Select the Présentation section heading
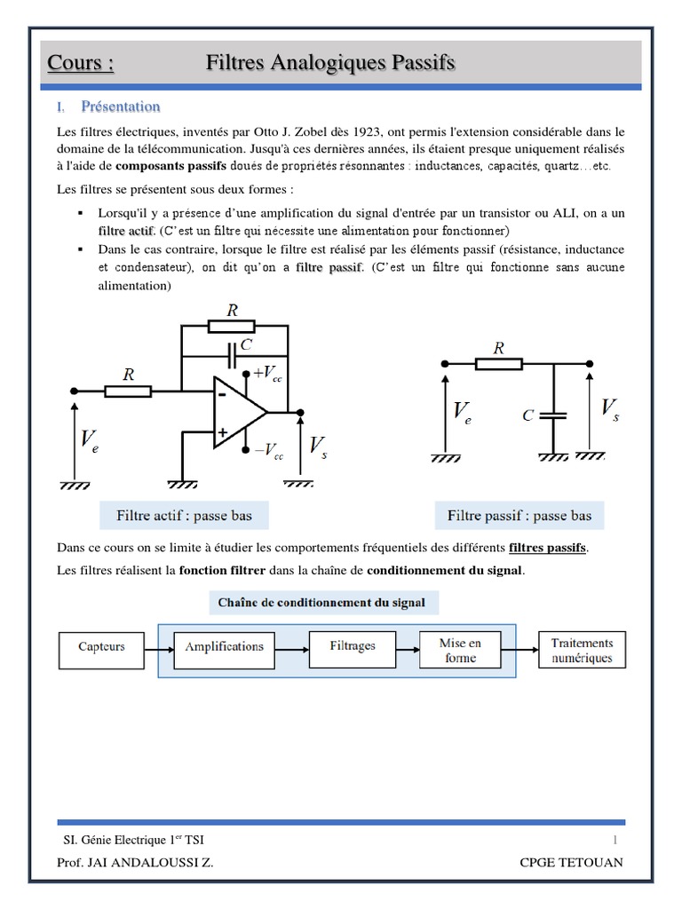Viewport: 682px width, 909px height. (x=120, y=107)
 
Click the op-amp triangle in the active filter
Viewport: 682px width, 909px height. (x=236, y=411)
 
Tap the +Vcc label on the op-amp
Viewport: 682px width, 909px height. (x=266, y=374)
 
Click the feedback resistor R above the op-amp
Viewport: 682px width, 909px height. (x=233, y=326)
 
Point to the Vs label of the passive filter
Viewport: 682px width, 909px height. (x=610, y=410)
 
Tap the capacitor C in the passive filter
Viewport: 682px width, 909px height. (x=553, y=414)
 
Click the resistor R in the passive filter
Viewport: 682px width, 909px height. (x=498, y=363)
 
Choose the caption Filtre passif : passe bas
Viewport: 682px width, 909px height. (x=519, y=515)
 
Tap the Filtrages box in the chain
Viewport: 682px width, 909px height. (x=352, y=646)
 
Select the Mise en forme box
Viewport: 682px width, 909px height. (x=461, y=650)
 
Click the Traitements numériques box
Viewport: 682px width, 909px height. (x=582, y=650)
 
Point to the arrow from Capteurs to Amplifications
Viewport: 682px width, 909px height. (x=157, y=647)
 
